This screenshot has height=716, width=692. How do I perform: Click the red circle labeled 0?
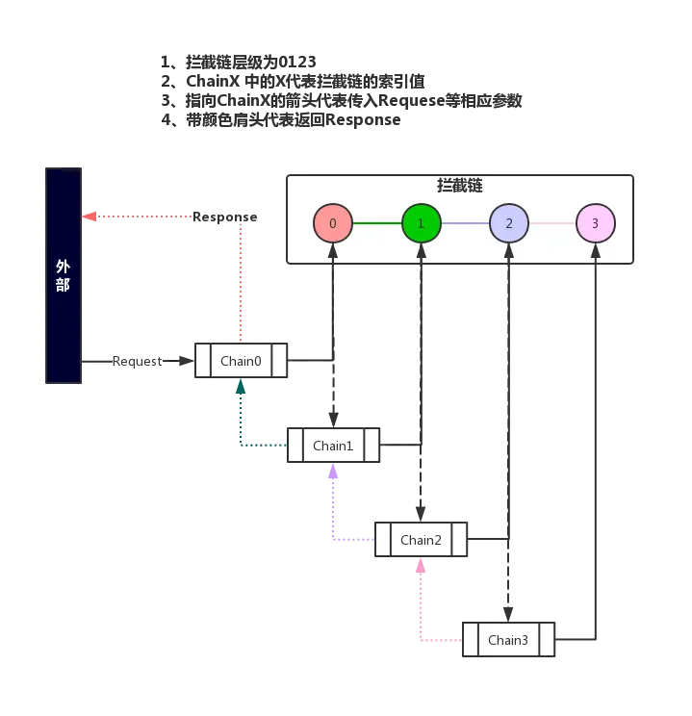[x=333, y=223]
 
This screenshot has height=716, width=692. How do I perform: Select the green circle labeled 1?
[x=421, y=223]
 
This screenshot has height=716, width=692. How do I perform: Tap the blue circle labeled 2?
[x=508, y=223]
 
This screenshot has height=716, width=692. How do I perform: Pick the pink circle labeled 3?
[x=595, y=223]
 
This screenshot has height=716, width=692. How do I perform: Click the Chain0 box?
[x=241, y=361]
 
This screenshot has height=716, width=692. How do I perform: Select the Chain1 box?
[x=334, y=446]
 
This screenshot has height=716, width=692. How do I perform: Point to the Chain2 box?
[x=421, y=540]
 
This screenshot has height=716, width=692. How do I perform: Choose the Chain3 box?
[x=508, y=640]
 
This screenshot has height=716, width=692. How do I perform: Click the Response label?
[x=225, y=217]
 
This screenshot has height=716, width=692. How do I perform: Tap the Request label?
[x=138, y=361]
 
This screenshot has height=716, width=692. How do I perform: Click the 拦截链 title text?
[x=460, y=186]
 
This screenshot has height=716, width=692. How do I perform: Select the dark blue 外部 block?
[x=63, y=273]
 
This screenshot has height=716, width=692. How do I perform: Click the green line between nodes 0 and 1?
[x=376, y=223]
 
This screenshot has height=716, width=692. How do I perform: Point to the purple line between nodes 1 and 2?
[x=464, y=223]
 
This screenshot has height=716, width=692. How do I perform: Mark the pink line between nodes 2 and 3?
[x=551, y=223]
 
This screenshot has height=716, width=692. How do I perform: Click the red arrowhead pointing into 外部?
[x=90, y=217]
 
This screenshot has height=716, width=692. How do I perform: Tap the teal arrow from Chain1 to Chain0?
[x=242, y=423]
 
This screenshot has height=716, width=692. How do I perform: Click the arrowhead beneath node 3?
[x=596, y=251]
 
